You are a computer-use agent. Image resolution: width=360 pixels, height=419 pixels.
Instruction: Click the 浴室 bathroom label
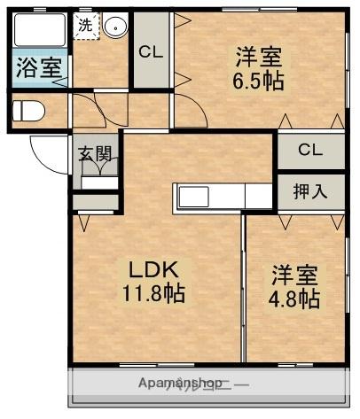click(38, 68)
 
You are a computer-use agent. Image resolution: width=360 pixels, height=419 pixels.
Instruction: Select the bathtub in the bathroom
click(40, 34)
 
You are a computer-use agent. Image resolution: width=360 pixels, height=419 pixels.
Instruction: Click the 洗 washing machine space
click(84, 26)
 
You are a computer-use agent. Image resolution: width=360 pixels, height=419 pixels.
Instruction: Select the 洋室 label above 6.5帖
click(258, 58)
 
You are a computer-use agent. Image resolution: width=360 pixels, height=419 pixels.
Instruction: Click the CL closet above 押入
click(309, 149)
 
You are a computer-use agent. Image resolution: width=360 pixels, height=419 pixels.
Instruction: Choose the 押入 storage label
click(309, 190)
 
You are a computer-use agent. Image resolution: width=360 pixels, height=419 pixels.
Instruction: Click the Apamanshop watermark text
click(181, 384)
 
